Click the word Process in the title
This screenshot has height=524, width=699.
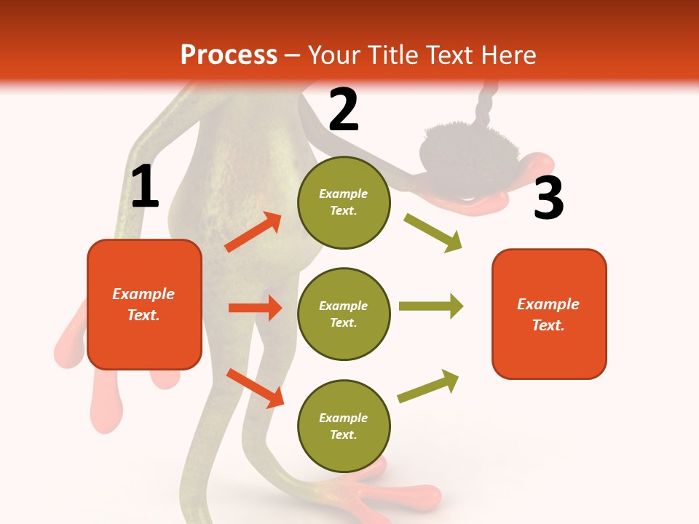click(x=229, y=55)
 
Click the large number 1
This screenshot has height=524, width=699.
click(x=145, y=187)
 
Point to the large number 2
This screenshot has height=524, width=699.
click(x=344, y=110)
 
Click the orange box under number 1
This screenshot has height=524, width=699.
click(x=144, y=304)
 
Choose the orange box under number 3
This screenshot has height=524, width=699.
click(x=549, y=314)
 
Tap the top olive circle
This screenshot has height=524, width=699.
click(x=344, y=202)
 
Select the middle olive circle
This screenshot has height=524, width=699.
click(x=344, y=314)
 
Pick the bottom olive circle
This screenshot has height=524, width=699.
click(x=344, y=426)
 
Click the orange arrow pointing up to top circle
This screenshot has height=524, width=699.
click(x=253, y=232)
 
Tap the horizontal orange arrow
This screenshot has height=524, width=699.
click(x=256, y=308)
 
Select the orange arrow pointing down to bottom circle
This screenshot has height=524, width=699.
click(x=256, y=388)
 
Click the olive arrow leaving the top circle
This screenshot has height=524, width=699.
click(x=433, y=232)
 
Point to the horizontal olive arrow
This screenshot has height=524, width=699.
click(x=430, y=306)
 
